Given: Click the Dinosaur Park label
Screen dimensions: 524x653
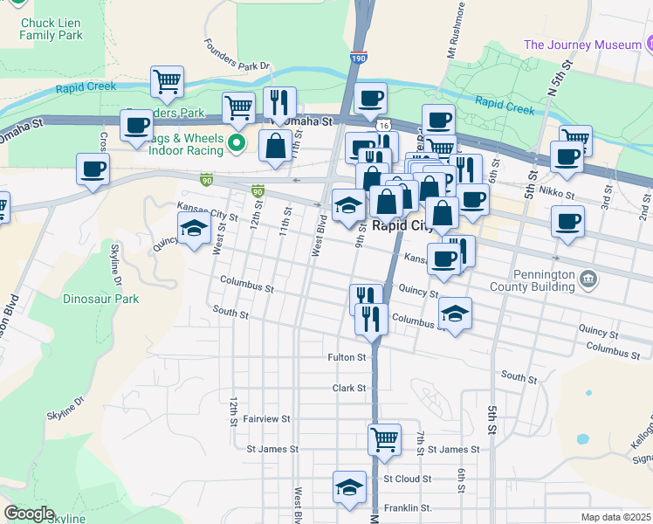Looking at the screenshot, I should point(100,299).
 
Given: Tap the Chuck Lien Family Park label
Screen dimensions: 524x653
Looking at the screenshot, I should point(52,29).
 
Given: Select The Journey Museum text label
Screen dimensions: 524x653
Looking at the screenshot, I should point(581,45).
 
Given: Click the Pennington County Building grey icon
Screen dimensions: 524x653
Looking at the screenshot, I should point(589,279).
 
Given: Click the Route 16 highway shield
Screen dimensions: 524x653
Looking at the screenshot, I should point(384,126).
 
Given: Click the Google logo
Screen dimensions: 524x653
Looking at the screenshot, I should point(29,514).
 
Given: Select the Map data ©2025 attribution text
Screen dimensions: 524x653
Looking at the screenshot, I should point(616,517).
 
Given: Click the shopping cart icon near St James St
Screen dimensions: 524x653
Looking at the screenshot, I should point(384,439).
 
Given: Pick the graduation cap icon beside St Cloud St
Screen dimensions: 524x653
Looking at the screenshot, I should point(349,487).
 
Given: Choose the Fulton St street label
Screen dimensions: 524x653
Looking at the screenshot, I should point(346,357).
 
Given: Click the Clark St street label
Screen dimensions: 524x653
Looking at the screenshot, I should point(347,387).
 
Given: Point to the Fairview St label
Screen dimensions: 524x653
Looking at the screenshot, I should point(266,419).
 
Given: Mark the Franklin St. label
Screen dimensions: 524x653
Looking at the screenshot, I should point(409,507).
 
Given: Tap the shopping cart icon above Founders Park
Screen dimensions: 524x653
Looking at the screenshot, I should point(167,81).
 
